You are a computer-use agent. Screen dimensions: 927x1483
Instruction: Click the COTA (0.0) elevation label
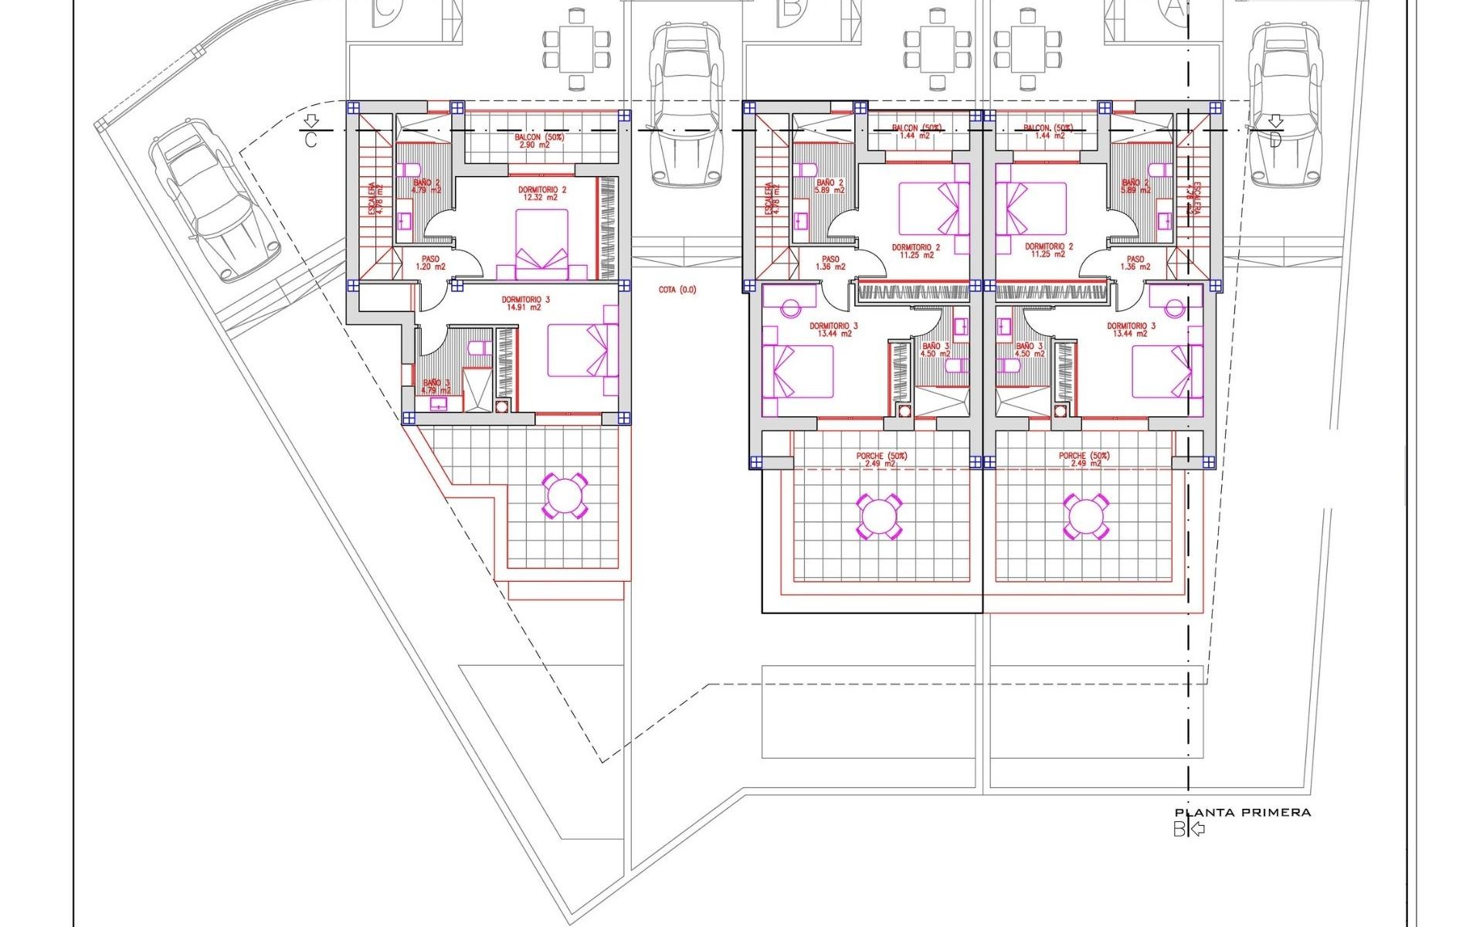[x=677, y=290]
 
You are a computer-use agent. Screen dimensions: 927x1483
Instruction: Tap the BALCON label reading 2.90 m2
[x=540, y=141]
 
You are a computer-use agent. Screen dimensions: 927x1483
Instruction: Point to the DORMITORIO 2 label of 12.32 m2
[x=541, y=193]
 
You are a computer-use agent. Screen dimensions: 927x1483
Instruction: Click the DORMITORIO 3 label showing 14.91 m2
[x=525, y=303]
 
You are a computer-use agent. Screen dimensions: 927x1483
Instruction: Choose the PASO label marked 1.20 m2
[x=430, y=263]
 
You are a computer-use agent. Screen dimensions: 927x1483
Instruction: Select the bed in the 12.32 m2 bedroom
[x=541, y=244]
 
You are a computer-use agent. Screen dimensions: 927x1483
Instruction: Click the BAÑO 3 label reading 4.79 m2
[x=436, y=386]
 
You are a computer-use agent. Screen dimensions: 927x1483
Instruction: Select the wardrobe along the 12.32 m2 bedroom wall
[x=608, y=228]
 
